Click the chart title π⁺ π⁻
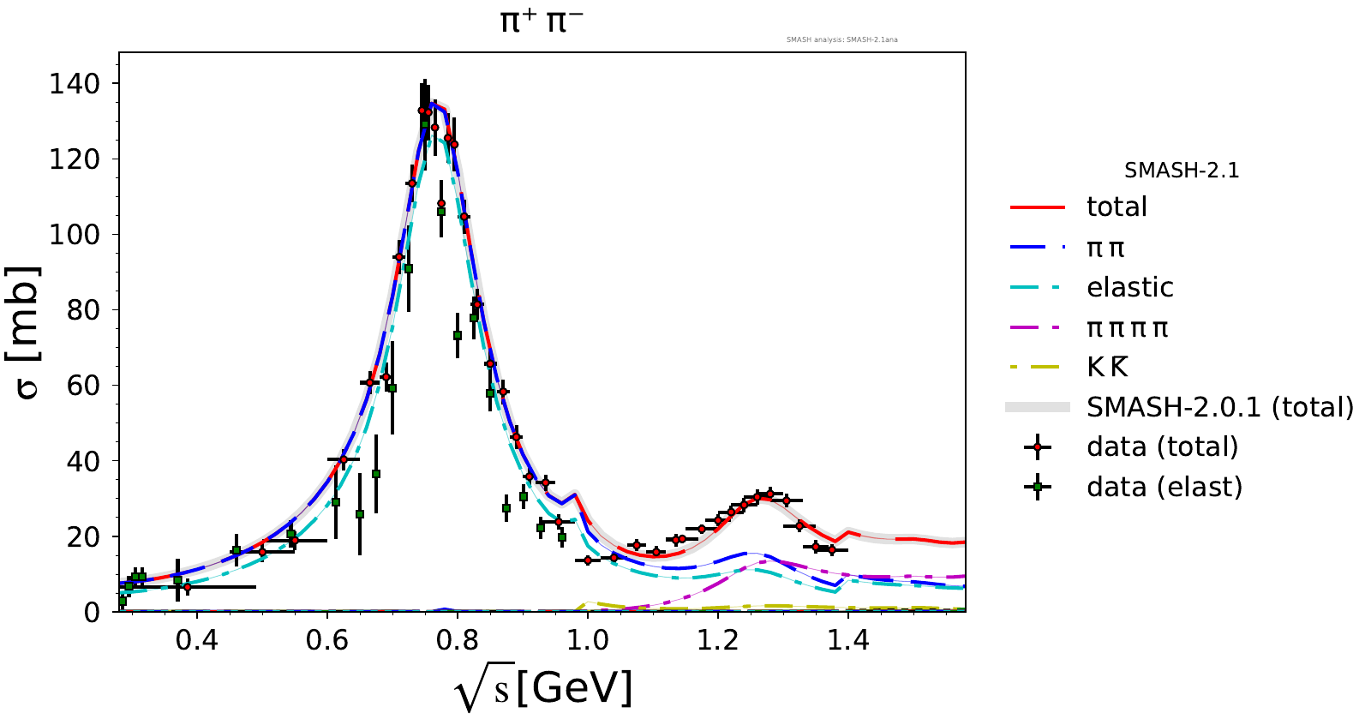(x=541, y=21)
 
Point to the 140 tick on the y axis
(x=75, y=84)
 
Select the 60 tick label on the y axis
(x=84, y=386)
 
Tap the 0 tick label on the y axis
(x=92, y=612)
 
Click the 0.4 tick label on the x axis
(x=197, y=640)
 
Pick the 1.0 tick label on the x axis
(x=587, y=640)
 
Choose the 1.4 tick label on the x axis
(x=847, y=640)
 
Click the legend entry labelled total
(x=1116, y=207)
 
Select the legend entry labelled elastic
(x=1129, y=287)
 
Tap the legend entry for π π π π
(x=1127, y=327)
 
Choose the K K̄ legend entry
(x=1107, y=367)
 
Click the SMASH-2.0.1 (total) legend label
(x=1219, y=407)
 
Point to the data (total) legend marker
(x=1038, y=447)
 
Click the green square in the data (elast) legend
(x=1038, y=488)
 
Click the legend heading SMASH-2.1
(x=1182, y=171)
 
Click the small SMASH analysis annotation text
(x=841, y=39)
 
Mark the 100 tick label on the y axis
(x=75, y=235)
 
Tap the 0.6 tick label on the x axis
(x=327, y=640)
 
